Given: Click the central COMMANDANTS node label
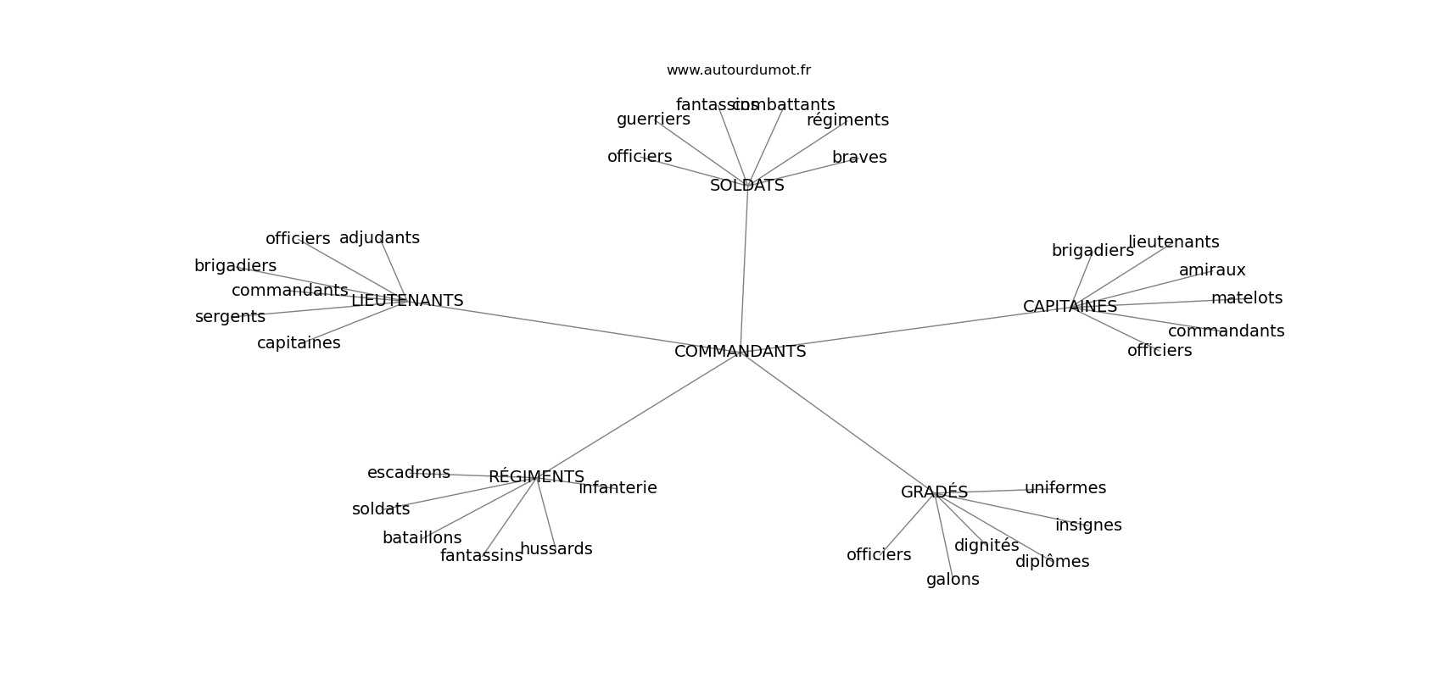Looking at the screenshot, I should click(x=740, y=352).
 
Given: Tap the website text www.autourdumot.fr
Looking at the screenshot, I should click(x=738, y=70).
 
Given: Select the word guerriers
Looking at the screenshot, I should click(x=653, y=119).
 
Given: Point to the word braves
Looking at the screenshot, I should click(x=859, y=158).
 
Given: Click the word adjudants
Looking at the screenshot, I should click(x=379, y=238).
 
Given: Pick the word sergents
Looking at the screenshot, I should click(x=230, y=317).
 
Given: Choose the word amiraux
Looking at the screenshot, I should click(x=1212, y=270).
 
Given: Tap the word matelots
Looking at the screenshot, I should click(x=1246, y=298).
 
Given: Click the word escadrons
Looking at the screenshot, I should click(x=408, y=473).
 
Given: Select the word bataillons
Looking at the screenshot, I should click(x=422, y=538).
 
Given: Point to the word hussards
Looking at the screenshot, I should click(x=556, y=549).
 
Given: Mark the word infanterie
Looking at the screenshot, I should click(x=618, y=488).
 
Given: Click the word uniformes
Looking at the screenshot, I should click(x=1065, y=488).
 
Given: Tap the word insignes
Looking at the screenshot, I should click(x=1088, y=525).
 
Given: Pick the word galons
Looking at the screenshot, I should click(x=953, y=580).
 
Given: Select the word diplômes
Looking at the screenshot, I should click(x=1052, y=562).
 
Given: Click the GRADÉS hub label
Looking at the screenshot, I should click(x=934, y=492).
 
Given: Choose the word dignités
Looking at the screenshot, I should click(x=986, y=546).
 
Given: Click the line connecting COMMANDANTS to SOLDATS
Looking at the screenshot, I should click(x=744, y=271).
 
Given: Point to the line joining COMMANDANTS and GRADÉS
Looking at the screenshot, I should click(x=840, y=424).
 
